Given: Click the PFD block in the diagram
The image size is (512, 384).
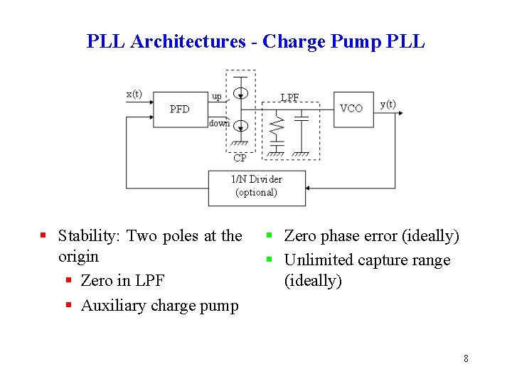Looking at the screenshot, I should click(x=179, y=109).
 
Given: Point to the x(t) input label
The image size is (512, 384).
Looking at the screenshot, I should click(x=134, y=94).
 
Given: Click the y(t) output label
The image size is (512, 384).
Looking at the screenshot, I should click(x=388, y=104).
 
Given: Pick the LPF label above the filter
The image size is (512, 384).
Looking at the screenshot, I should click(x=289, y=97).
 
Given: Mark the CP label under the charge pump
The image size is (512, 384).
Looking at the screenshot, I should click(x=240, y=159).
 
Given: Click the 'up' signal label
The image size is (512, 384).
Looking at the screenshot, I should click(x=216, y=96).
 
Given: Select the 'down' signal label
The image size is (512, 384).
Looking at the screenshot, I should click(x=219, y=123).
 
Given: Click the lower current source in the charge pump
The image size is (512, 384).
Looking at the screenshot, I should click(x=241, y=126).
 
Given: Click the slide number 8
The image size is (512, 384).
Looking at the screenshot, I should click(x=466, y=358).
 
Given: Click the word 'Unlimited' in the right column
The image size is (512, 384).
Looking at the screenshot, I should click(x=318, y=260).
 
